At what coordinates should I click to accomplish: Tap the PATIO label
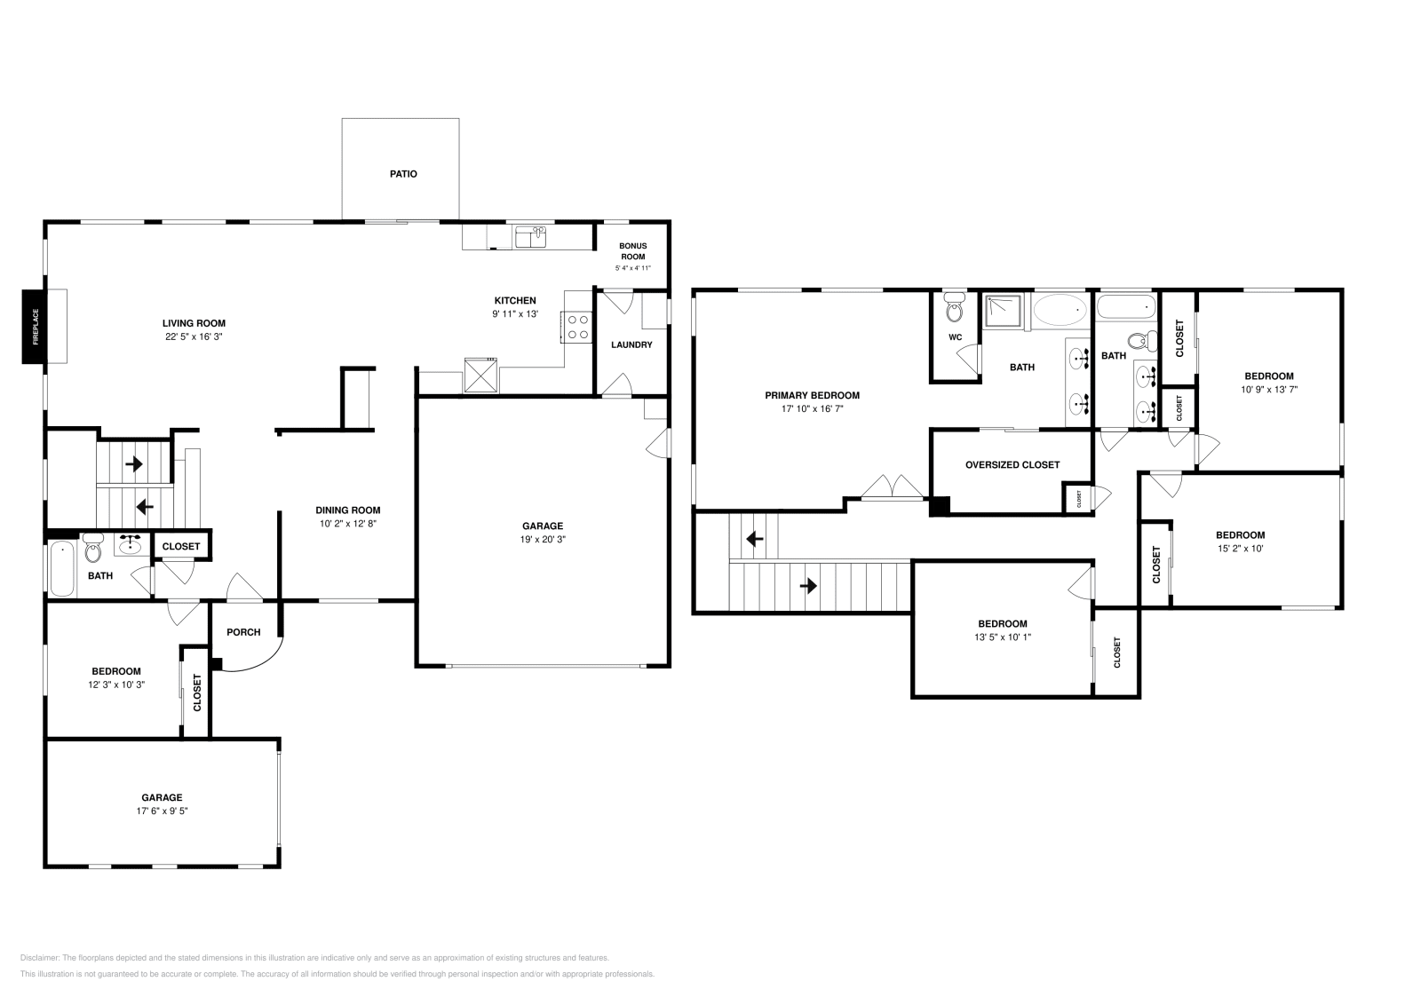[403, 174]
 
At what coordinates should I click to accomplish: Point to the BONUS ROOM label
[632, 251]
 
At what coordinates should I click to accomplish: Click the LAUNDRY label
[631, 344]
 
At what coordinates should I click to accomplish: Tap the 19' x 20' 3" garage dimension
[542, 540]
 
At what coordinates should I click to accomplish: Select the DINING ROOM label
[348, 510]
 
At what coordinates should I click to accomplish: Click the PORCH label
[243, 632]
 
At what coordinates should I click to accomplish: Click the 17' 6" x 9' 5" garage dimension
[162, 811]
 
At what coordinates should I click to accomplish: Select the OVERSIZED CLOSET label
[1012, 464]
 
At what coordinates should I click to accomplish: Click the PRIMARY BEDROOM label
[812, 395]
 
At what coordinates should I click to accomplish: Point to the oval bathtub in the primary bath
[1060, 310]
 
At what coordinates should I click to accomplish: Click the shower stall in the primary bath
[1004, 310]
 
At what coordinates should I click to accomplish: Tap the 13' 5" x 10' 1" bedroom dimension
[1003, 637]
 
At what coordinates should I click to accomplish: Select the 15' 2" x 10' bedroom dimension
[1240, 548]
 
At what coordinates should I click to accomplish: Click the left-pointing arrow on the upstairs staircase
[754, 538]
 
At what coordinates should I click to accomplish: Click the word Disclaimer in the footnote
[38, 958]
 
